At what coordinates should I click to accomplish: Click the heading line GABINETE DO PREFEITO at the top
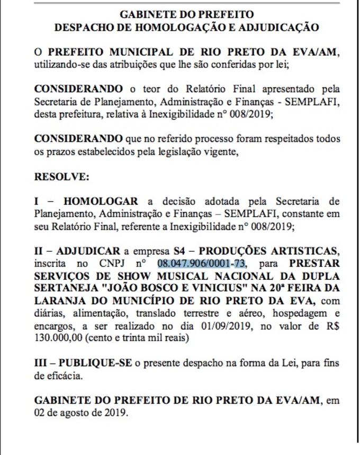tap(186, 14)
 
